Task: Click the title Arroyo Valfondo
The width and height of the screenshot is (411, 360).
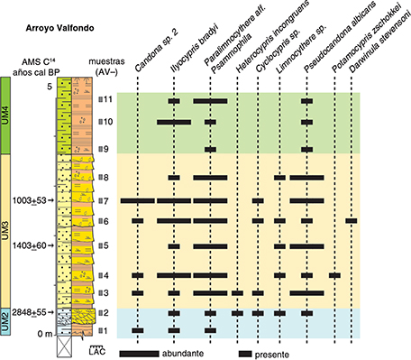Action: [59, 28]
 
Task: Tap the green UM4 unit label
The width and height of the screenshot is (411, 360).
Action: [5, 115]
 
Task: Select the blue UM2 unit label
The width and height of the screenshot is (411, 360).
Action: [5, 321]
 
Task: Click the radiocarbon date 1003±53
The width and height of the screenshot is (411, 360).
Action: [29, 200]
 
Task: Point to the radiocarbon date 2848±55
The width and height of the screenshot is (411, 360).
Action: [29, 312]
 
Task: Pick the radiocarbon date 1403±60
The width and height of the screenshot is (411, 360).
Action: [29, 245]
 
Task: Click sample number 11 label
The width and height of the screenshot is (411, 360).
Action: [107, 99]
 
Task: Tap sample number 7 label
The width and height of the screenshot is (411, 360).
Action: [105, 200]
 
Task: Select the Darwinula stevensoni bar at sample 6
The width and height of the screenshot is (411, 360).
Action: [352, 221]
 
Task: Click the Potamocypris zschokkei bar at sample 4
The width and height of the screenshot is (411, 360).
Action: [334, 275]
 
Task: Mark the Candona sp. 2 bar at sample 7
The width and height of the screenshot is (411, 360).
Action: [138, 200]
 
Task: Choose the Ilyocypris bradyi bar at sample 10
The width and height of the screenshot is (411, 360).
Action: [174, 122]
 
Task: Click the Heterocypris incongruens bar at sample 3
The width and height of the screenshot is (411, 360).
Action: [237, 293]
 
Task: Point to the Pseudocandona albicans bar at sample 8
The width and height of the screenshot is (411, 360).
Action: [306, 178]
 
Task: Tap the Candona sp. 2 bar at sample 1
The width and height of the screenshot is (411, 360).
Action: [138, 330]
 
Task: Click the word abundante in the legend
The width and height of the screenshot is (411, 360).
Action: [183, 354]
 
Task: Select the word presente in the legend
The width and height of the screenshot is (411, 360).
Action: [272, 355]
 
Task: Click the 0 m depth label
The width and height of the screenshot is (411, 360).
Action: [45, 334]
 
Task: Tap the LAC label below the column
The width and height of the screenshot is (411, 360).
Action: [97, 351]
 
